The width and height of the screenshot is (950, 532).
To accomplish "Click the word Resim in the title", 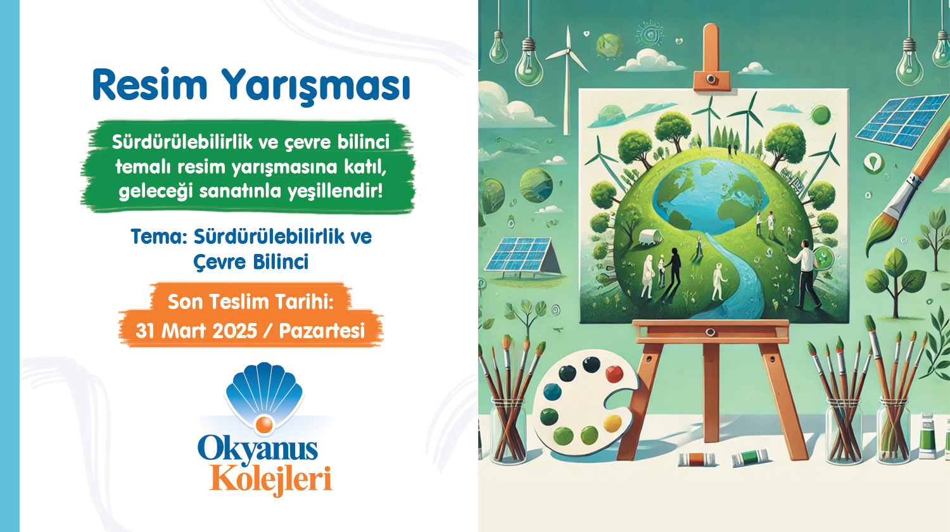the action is pos(149,85).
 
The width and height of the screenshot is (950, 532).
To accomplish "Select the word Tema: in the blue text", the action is pos(159,237).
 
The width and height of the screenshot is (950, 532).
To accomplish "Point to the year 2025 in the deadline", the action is pos(234,331).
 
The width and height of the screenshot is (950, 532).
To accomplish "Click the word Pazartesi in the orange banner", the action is pos(322,331).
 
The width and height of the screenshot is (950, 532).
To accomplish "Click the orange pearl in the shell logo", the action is pos(264,425).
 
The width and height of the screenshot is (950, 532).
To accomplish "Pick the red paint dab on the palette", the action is pos(614,374).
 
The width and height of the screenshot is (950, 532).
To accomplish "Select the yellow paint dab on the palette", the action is pos(612,424).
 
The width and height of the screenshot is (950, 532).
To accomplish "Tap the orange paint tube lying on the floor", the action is pos(697,460).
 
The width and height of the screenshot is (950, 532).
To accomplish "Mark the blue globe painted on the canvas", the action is pos(712,196).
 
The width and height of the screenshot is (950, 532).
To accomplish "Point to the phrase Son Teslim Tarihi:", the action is pos(250,302).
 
